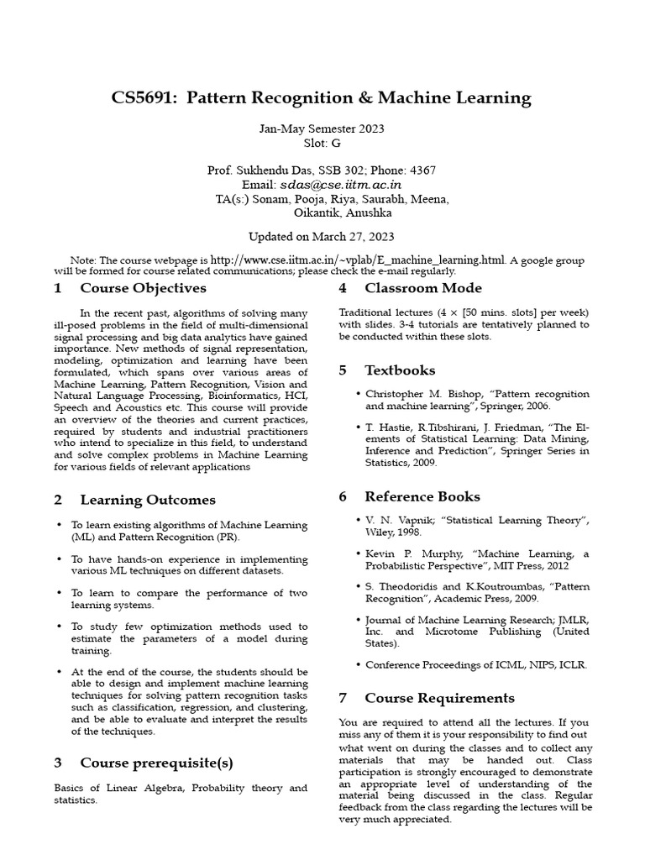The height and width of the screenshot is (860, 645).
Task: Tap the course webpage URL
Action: click(x=359, y=260)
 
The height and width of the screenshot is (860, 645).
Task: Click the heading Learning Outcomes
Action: click(x=148, y=500)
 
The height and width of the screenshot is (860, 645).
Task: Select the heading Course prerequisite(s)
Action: click(x=156, y=763)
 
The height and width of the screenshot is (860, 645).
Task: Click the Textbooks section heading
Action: click(x=400, y=370)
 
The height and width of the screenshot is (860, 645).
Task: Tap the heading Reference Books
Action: click(x=422, y=496)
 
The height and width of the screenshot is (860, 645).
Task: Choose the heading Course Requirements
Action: click(x=439, y=698)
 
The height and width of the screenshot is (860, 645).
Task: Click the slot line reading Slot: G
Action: click(x=322, y=144)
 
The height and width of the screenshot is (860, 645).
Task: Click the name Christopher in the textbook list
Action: click(x=396, y=393)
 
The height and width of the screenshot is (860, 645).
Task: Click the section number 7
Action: click(x=343, y=698)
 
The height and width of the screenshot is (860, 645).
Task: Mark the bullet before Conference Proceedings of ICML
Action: click(x=359, y=664)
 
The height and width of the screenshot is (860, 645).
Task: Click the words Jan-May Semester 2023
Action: click(x=322, y=129)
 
